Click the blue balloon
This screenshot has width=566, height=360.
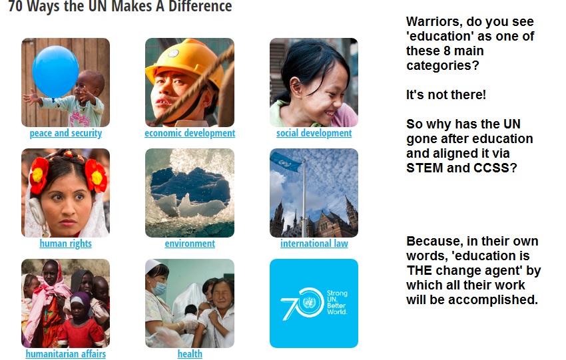tap(55, 71)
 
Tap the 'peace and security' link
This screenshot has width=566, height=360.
tap(66, 133)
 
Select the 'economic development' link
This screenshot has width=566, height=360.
tap(190, 133)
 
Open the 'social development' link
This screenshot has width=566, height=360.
tap(314, 133)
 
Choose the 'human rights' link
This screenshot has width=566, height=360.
tap(66, 244)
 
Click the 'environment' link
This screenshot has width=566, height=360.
tap(190, 244)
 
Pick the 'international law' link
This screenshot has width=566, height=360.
tap(314, 244)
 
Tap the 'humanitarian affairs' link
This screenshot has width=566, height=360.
tap(66, 354)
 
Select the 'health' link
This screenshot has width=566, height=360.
tap(190, 354)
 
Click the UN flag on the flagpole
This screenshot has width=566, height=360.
tap(286, 162)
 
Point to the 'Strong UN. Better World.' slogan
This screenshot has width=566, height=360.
tap(337, 302)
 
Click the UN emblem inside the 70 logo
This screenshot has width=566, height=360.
tap(310, 302)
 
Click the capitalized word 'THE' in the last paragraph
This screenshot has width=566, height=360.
tap(419, 270)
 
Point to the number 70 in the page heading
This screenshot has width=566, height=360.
tap(15, 6)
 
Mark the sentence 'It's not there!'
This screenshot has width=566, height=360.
tap(446, 95)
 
